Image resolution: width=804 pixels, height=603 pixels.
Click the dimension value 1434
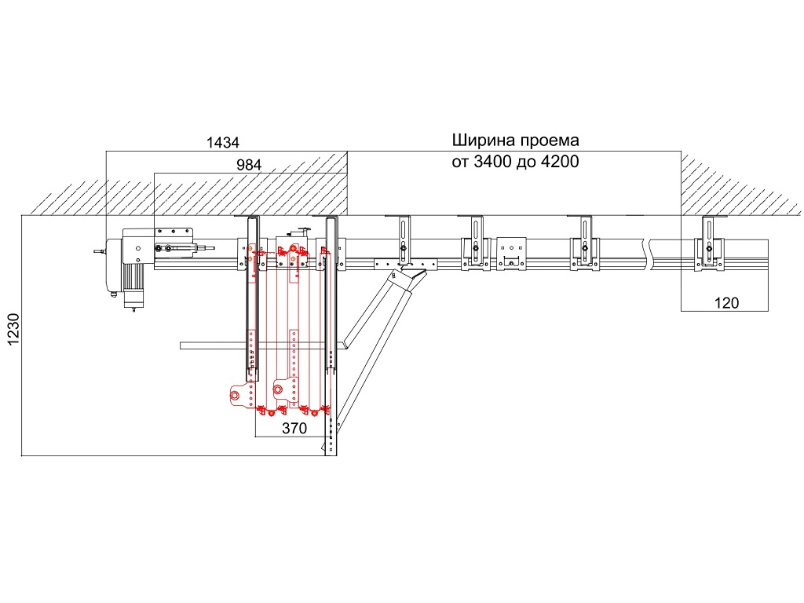click(x=222, y=143)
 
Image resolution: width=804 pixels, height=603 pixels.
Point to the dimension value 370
click(x=293, y=428)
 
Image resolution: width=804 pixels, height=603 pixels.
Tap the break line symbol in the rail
click(x=646, y=253)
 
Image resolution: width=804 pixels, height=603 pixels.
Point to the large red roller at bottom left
click(x=236, y=396)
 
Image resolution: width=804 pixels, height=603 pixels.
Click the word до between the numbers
click(x=526, y=163)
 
